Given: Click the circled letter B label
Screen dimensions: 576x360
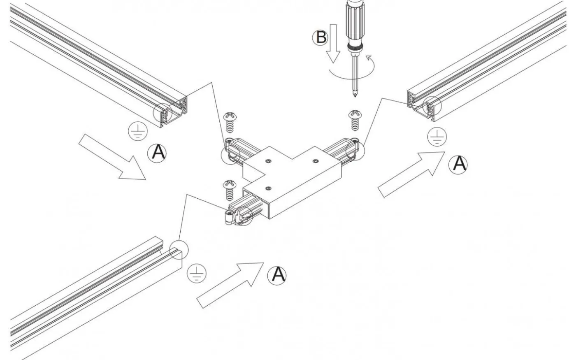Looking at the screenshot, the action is [320, 37].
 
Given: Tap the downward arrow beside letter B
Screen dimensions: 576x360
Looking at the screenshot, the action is [333, 44].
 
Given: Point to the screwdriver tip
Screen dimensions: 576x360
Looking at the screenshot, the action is [355, 95].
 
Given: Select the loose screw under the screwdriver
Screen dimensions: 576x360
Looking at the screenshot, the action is [355, 120].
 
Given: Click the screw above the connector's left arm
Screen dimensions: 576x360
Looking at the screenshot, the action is [230, 122].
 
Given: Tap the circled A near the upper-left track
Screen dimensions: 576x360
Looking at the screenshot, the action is [157, 153].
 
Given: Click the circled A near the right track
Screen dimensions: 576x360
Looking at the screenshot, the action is [458, 165].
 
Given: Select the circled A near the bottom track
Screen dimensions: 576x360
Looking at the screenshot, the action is [276, 275].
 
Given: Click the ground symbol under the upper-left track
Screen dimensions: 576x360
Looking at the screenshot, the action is [138, 131].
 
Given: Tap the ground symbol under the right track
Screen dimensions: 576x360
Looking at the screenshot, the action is [437, 136].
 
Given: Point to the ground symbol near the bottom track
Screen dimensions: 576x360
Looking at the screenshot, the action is [197, 273].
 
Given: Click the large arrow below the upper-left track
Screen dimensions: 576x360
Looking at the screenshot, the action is [112, 157].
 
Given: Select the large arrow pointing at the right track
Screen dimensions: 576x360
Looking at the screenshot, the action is [411, 174].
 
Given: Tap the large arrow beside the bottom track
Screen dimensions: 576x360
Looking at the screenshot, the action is [230, 285].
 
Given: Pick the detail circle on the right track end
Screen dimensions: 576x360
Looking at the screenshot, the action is [432, 106].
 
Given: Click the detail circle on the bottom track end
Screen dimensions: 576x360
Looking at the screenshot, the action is [179, 250].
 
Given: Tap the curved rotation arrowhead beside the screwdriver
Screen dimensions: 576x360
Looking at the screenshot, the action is [369, 57].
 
